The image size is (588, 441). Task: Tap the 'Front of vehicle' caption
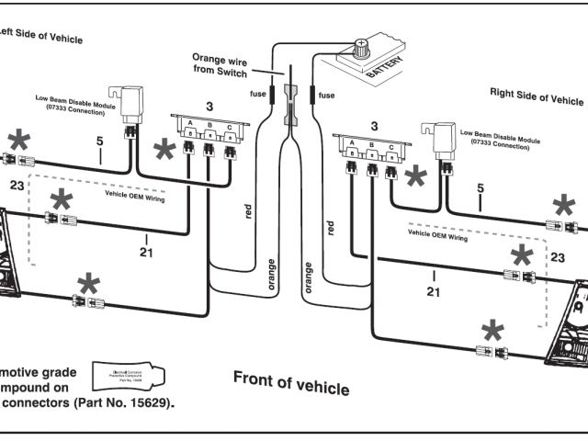click(290, 381)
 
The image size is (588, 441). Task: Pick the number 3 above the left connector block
click(209, 107)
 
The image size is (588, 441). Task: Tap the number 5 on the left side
click(99, 142)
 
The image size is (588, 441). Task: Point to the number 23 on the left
click(17, 186)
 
